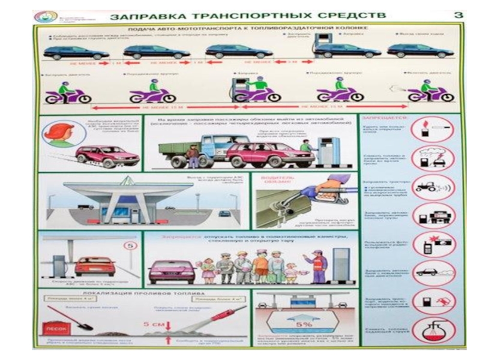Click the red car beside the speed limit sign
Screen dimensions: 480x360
click(x=95, y=265)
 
